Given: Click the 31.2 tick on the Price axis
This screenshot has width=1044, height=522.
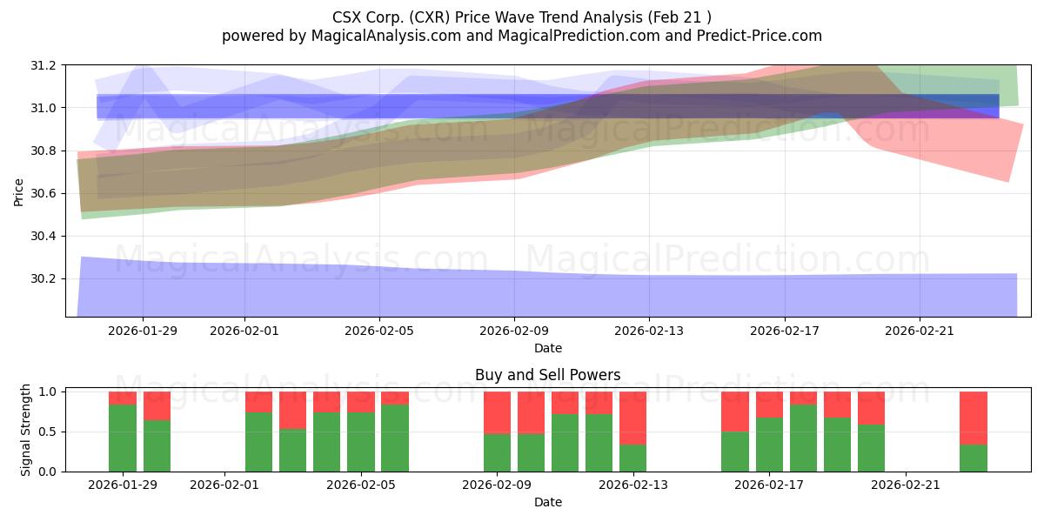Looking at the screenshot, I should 44,65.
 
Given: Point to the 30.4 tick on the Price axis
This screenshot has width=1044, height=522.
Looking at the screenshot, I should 44,237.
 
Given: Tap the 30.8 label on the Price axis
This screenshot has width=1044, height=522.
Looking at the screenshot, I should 44,151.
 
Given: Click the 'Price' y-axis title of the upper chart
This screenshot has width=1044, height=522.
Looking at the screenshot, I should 19,191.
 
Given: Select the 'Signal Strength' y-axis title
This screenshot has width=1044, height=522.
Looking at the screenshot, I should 26,431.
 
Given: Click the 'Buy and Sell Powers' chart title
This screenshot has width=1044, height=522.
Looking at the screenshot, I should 547,376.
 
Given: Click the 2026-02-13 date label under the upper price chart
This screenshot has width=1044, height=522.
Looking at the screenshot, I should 649,331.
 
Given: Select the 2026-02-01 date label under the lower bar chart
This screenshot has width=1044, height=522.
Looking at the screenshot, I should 224,485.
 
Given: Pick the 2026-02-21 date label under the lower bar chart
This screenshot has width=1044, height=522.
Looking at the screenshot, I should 906,485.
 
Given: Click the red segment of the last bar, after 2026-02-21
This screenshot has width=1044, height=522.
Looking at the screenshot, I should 974,418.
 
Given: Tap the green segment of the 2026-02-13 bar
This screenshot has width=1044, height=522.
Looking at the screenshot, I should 632,458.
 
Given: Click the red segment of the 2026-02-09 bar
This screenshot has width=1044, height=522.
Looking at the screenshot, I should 497,412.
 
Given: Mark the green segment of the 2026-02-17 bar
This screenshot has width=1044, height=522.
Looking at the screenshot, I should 769,445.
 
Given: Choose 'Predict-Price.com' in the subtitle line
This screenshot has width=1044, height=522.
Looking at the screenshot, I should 764,36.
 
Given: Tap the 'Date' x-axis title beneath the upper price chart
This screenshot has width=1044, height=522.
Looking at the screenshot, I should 547,348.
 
